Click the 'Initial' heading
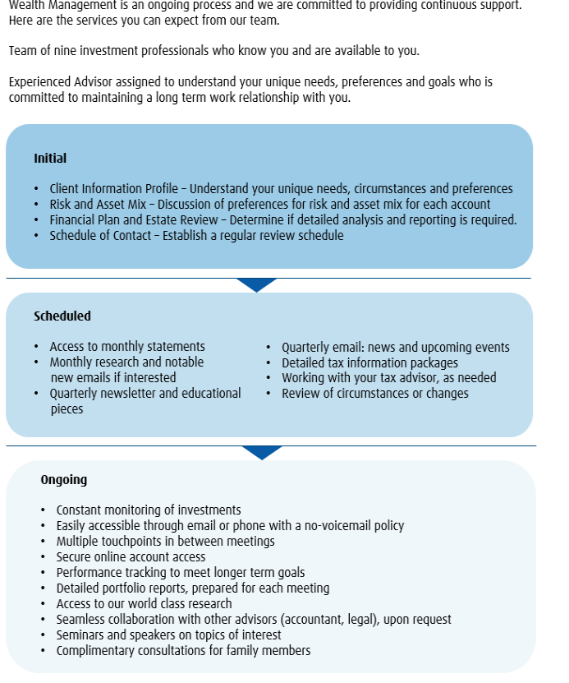(x=50, y=159)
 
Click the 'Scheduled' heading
(x=62, y=316)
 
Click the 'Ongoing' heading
(x=63, y=480)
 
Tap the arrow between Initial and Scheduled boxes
(x=256, y=284)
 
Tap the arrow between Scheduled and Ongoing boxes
(x=262, y=452)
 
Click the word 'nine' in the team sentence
(x=64, y=51)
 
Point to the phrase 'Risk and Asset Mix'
(x=98, y=205)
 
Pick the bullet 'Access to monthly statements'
(x=127, y=347)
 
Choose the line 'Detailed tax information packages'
(x=369, y=362)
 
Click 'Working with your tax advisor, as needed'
(x=388, y=378)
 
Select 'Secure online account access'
(x=131, y=557)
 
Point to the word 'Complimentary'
(x=95, y=651)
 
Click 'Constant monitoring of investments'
(x=149, y=510)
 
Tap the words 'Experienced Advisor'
(x=59, y=82)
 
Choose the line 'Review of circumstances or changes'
(x=375, y=394)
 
